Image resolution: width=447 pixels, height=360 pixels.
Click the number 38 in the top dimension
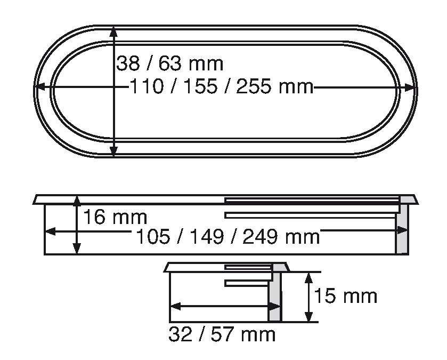click(128, 63)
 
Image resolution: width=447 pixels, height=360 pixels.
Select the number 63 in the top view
click(170, 63)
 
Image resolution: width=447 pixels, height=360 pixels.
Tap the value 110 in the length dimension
click(147, 86)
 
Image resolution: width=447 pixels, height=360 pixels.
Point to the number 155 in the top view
click(200, 86)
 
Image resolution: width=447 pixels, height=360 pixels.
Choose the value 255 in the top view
click(254, 86)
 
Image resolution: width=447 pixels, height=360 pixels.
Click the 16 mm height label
click(115, 217)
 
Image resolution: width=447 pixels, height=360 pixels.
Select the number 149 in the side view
click(207, 237)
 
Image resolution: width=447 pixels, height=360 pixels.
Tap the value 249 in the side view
click(260, 237)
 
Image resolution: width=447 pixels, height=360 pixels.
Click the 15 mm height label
click(346, 296)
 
